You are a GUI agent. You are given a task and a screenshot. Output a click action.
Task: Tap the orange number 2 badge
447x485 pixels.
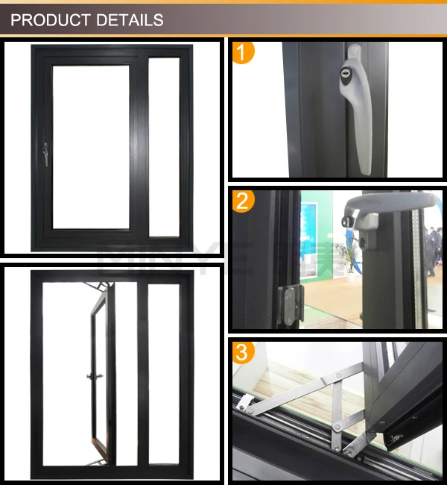[244, 201]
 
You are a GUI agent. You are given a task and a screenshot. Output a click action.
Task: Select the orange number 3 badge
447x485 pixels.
[244, 351]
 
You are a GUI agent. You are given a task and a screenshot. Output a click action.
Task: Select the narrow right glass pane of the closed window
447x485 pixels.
[164, 147]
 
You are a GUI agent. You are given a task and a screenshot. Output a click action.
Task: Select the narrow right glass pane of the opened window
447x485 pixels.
[164, 373]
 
